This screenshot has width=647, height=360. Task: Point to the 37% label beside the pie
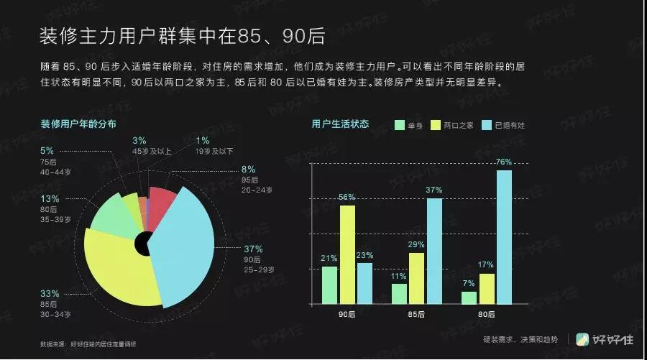(x=253, y=249)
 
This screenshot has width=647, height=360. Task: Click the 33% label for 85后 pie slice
(x=49, y=294)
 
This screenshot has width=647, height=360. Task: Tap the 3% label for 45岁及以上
(x=139, y=140)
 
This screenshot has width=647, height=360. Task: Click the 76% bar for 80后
(x=504, y=237)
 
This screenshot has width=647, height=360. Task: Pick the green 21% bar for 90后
(x=329, y=285)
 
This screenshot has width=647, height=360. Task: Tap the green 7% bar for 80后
(x=469, y=297)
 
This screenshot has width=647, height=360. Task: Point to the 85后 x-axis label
(x=417, y=315)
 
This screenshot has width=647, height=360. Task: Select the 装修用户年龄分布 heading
(x=78, y=124)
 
